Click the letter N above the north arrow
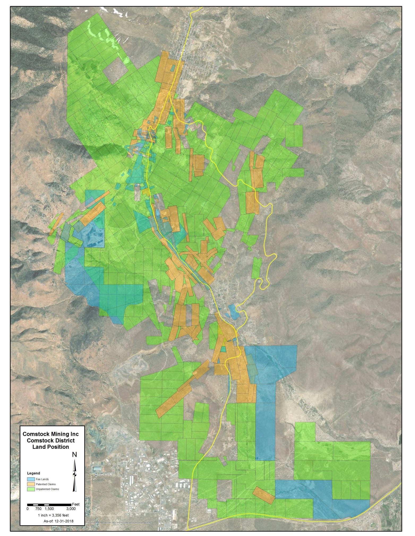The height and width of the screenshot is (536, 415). (x=75, y=455)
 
